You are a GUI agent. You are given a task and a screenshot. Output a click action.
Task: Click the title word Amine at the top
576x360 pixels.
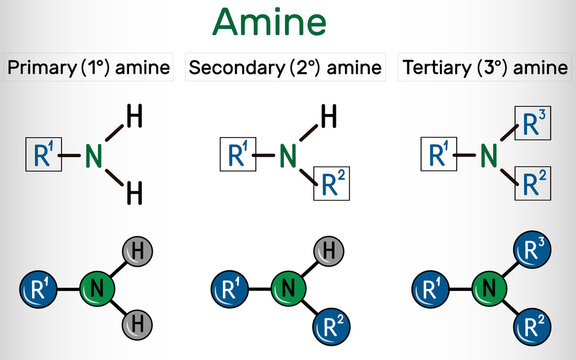[x=288, y=23]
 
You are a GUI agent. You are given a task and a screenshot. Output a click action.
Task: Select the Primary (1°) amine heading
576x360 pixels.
[x=88, y=68]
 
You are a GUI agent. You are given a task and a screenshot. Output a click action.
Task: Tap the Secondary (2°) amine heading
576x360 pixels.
[x=285, y=68]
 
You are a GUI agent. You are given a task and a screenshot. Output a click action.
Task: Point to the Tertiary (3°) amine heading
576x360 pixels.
[x=482, y=68]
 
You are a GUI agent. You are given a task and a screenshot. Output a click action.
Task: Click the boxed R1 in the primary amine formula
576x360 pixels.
[x=43, y=156]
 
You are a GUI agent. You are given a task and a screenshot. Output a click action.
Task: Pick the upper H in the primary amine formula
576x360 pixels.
[x=134, y=118]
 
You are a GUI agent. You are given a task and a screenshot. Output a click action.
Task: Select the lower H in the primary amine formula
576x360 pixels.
[x=134, y=192]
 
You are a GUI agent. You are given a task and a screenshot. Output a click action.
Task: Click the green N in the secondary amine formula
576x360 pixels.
[x=288, y=155]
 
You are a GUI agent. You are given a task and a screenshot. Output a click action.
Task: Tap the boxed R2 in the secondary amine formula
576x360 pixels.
[x=333, y=183]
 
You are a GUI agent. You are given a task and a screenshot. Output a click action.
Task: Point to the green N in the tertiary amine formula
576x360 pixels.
[x=489, y=155]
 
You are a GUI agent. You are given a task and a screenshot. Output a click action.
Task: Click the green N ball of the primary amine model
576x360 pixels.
[x=94, y=291]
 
